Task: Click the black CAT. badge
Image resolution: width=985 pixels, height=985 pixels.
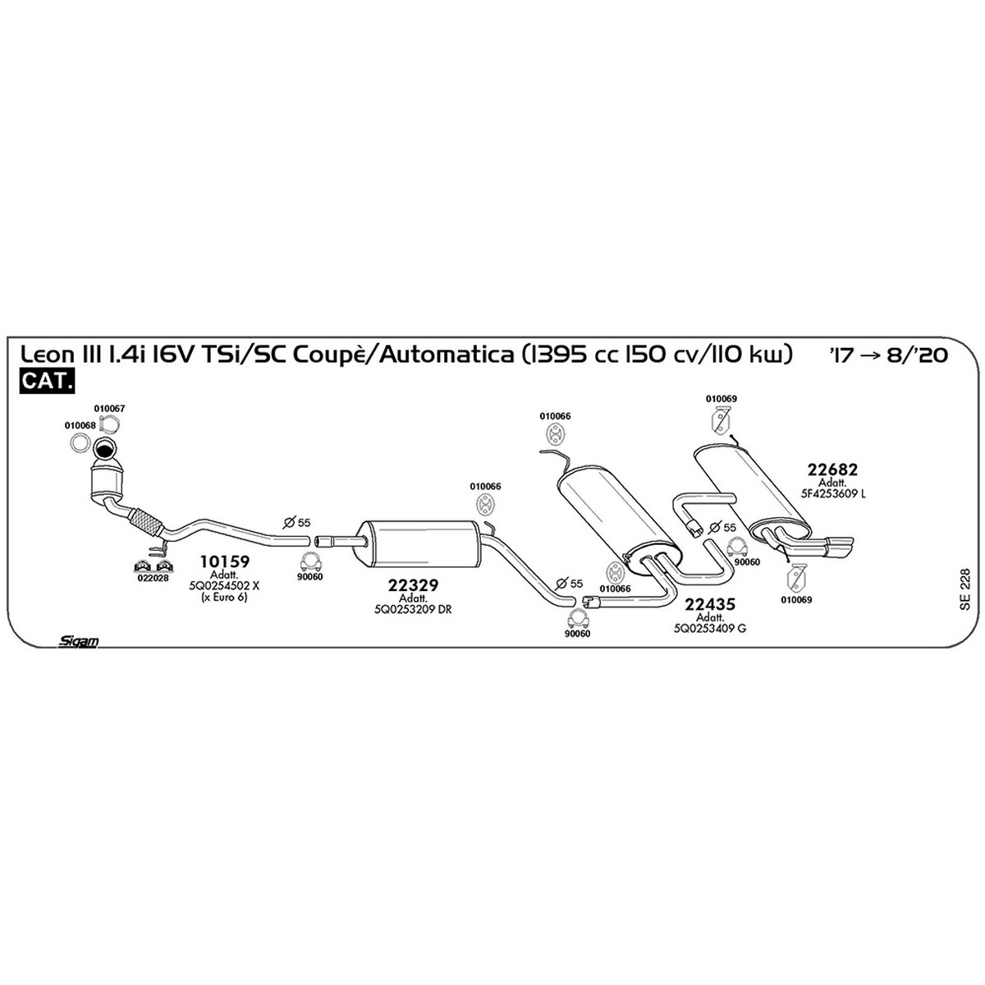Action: click(x=47, y=381)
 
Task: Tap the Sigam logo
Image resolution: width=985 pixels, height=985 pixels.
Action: click(x=78, y=641)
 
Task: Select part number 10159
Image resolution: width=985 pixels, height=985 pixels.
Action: click(x=224, y=561)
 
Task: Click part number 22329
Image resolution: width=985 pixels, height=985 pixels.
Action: click(x=413, y=585)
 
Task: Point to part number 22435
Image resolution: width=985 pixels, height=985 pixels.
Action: click(x=710, y=604)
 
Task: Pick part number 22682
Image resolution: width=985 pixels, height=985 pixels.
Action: click(x=832, y=470)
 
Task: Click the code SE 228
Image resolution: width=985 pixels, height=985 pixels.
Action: click(x=964, y=589)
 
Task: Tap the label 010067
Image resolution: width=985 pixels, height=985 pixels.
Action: click(x=109, y=409)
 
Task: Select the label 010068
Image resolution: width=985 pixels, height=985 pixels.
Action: click(x=80, y=425)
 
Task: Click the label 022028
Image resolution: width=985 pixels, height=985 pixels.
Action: click(x=153, y=578)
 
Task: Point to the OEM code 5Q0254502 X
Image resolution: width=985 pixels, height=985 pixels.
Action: click(x=224, y=586)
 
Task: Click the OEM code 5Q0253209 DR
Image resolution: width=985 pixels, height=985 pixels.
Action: click(x=413, y=609)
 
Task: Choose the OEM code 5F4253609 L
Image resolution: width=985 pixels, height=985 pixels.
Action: click(x=833, y=494)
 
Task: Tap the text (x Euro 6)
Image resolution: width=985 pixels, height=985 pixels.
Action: click(x=224, y=597)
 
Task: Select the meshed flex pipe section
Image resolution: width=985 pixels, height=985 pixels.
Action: click(x=145, y=521)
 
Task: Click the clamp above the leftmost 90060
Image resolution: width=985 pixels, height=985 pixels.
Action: click(x=309, y=561)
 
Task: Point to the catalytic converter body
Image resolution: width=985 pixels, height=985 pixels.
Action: click(x=107, y=480)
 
